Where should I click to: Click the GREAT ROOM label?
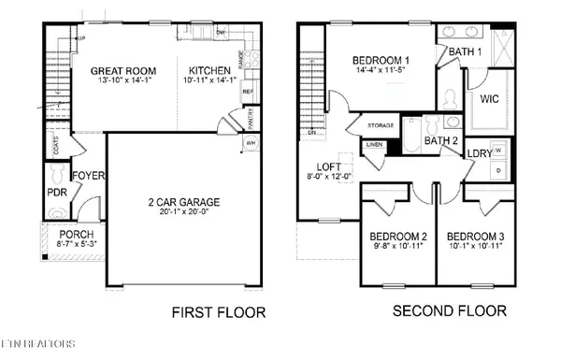(x=123, y=70)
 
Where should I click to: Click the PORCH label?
(x=70, y=234)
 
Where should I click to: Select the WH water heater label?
(x=250, y=144)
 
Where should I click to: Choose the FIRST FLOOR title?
(x=218, y=312)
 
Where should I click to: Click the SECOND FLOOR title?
(x=449, y=310)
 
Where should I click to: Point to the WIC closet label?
(x=490, y=97)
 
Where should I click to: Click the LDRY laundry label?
(x=480, y=152)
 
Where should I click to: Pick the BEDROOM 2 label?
(x=397, y=236)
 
